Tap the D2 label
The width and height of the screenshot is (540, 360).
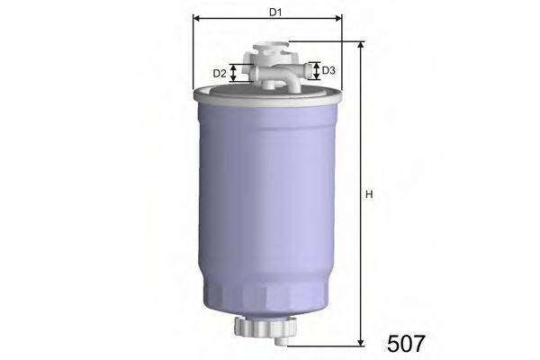coord(219,73)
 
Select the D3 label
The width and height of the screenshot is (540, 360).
coord(330,70)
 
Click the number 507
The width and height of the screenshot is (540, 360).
coord(406,343)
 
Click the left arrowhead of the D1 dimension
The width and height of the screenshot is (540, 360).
coord(197,18)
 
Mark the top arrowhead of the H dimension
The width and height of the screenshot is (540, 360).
coord(361,45)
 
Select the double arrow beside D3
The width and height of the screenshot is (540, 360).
coord(314,70)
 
